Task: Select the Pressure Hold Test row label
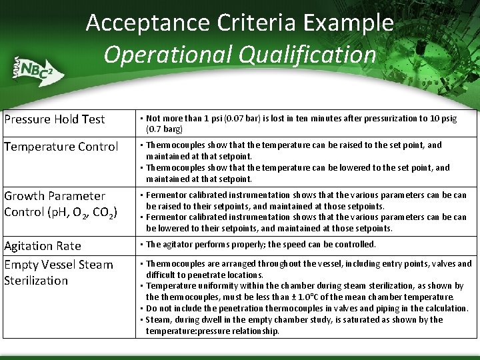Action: tap(55, 119)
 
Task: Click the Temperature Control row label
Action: tap(61, 147)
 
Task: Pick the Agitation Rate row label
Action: tap(43, 246)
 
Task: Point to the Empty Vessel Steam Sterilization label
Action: tap(59, 273)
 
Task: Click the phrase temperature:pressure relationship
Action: tap(213, 331)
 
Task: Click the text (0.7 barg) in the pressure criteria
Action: tap(164, 129)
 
